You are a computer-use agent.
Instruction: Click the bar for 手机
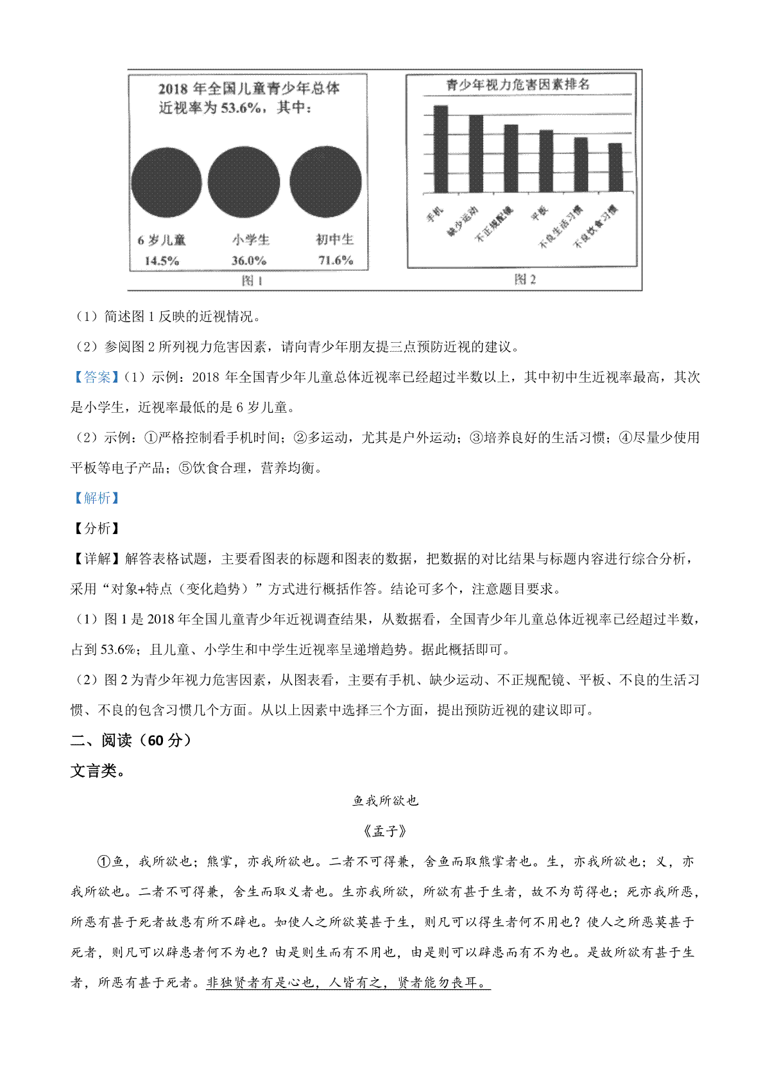(x=441, y=149)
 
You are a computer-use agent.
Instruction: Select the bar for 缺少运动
(x=476, y=154)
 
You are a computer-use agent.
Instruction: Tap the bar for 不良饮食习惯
(x=615, y=168)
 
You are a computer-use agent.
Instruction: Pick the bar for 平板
(x=546, y=161)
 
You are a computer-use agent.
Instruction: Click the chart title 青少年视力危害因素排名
(x=518, y=85)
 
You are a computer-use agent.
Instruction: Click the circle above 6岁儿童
(x=166, y=182)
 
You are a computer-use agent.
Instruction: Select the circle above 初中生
(x=326, y=182)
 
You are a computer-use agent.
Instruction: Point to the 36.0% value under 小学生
(x=249, y=261)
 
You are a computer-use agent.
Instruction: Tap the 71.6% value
(x=336, y=261)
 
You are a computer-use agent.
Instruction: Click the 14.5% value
(x=162, y=261)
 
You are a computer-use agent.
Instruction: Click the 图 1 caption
(x=252, y=281)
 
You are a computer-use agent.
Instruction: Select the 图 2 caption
(x=525, y=279)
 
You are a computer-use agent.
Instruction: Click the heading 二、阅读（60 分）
(x=131, y=740)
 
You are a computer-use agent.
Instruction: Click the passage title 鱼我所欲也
(x=385, y=800)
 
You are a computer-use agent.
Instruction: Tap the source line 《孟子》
(x=385, y=831)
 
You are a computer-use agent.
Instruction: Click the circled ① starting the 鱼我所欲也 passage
(x=105, y=861)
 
